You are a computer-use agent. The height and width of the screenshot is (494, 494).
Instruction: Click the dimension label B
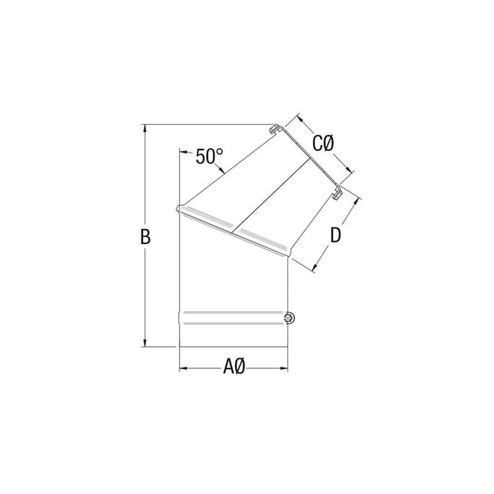146,237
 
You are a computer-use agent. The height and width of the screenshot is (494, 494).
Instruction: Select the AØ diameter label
235,367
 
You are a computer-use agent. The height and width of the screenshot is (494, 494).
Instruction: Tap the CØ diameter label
323,142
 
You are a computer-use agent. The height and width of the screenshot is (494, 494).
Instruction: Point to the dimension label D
336,235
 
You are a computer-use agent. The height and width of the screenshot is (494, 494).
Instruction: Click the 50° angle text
210,156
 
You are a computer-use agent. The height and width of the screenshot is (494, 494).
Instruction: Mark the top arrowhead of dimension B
145,127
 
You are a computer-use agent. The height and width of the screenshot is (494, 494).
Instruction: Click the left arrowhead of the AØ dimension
183,368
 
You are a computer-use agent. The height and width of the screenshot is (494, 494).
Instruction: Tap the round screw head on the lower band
289,320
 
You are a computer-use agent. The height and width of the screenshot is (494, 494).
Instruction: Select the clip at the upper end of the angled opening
275,129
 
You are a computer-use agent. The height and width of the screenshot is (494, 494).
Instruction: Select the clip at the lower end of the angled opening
338,194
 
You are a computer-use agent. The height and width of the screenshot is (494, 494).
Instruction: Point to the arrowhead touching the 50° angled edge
225,174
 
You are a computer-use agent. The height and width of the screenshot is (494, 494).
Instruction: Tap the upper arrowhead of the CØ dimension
300,119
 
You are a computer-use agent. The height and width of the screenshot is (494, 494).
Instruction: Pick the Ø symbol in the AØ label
241,367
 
